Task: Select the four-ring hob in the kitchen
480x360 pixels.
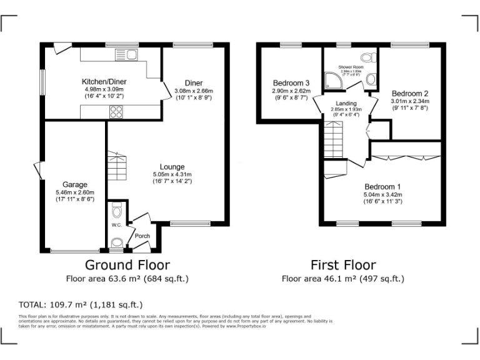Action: click(x=116, y=112)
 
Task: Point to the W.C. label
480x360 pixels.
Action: click(x=116, y=225)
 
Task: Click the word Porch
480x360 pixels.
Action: click(x=142, y=236)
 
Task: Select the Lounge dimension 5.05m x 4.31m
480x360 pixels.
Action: click(x=172, y=174)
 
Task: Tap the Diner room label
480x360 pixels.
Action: click(x=193, y=83)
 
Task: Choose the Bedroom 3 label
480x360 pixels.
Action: click(x=291, y=83)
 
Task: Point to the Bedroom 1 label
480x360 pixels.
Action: click(x=382, y=187)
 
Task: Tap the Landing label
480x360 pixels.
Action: click(x=346, y=103)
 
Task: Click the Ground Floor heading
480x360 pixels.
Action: click(x=127, y=265)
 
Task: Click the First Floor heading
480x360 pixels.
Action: click(x=343, y=265)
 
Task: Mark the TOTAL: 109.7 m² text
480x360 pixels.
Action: click(x=81, y=305)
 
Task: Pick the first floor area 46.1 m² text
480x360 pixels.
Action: click(x=343, y=279)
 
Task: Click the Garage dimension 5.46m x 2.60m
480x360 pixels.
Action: click(x=74, y=192)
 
